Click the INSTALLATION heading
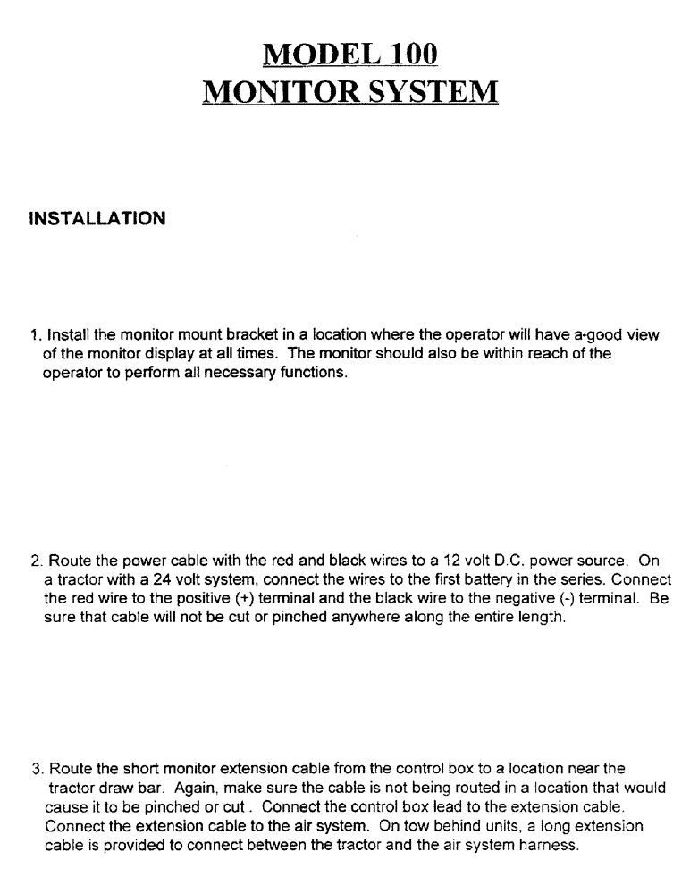(97, 219)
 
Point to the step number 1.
(34, 335)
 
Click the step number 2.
(35, 561)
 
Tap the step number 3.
(35, 768)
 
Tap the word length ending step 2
(543, 618)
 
